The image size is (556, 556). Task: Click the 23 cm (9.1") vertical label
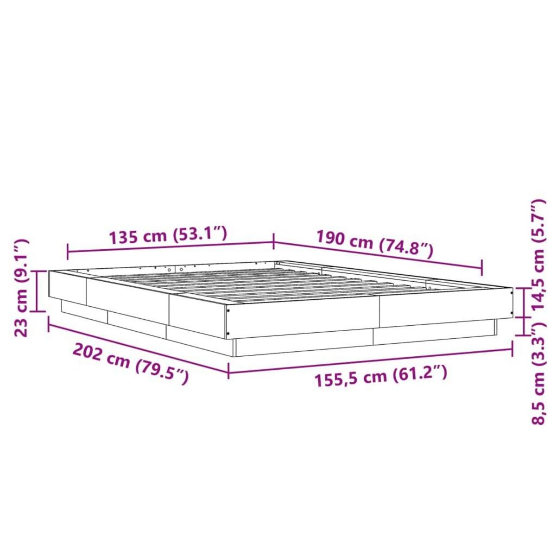[22, 287]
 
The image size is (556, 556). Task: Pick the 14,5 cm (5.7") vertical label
[539, 255]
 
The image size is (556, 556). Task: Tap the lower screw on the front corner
[228, 334]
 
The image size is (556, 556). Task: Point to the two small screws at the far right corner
[511, 303]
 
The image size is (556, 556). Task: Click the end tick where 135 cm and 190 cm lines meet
[274, 241]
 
